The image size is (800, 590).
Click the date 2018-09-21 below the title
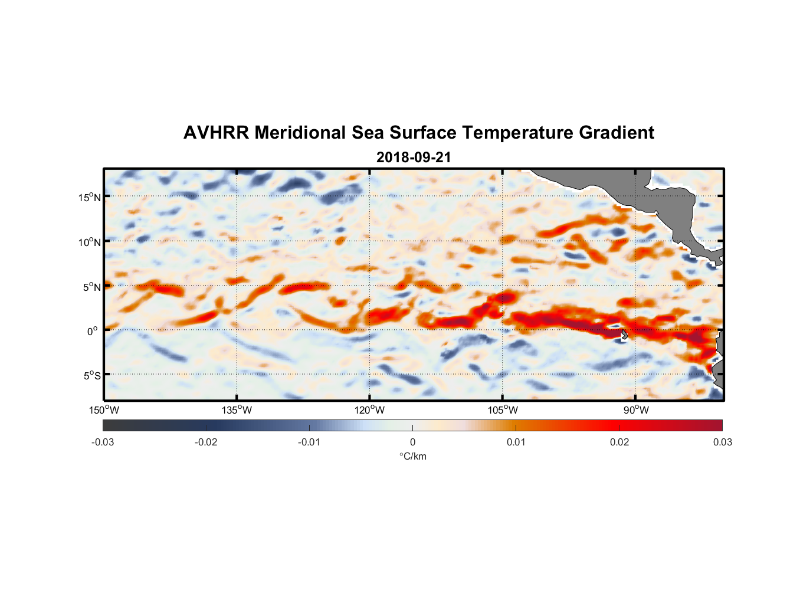point(413,158)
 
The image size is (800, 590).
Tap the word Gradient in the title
point(616,133)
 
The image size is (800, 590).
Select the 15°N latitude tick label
point(90,197)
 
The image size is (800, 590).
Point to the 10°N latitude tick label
point(90,242)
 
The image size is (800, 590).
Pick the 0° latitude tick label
point(93,331)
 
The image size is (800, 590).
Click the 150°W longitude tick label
point(104,410)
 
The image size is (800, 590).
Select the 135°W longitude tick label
point(237,410)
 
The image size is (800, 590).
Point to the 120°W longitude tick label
point(369,410)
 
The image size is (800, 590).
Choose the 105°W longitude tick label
point(503,410)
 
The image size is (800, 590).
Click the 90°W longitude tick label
point(636,410)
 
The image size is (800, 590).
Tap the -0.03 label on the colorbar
point(103,442)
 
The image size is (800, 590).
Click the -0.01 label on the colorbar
point(309,442)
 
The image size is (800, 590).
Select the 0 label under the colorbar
point(412,442)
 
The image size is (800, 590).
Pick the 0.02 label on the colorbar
point(619,442)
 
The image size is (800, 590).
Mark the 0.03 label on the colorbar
point(722,442)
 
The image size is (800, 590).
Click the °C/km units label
point(412,456)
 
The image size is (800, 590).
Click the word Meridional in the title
point(300,133)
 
